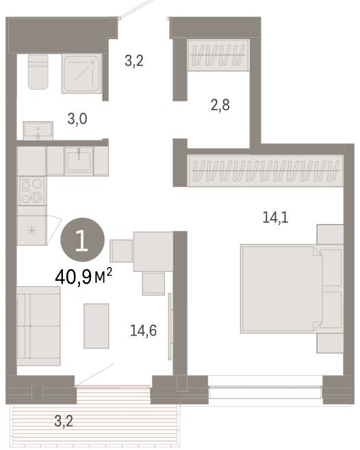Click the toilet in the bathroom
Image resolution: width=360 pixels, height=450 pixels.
38,71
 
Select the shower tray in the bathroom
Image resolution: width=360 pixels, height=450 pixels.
81,73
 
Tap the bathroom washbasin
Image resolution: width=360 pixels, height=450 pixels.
38,130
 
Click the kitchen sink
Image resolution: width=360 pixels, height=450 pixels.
79,161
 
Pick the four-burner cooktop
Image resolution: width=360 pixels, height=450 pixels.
31,190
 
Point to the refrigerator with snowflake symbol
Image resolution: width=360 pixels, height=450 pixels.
32,230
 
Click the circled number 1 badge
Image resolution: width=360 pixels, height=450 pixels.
82,240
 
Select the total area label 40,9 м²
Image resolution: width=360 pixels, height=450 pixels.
83,277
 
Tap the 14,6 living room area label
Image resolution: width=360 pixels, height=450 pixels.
143,330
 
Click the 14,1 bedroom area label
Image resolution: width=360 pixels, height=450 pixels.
275,217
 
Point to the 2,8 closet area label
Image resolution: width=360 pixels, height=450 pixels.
220,105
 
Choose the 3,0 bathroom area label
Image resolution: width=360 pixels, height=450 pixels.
77,118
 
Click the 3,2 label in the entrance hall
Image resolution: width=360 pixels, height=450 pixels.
134,60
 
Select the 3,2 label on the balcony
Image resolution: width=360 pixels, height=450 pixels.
64,421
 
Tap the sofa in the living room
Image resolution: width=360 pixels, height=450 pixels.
38,326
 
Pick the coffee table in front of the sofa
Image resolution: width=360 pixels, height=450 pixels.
97,326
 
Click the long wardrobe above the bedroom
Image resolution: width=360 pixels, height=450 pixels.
266,171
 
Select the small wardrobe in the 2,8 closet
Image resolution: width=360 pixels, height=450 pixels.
218,55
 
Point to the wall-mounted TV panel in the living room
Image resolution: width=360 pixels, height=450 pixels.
170,326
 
